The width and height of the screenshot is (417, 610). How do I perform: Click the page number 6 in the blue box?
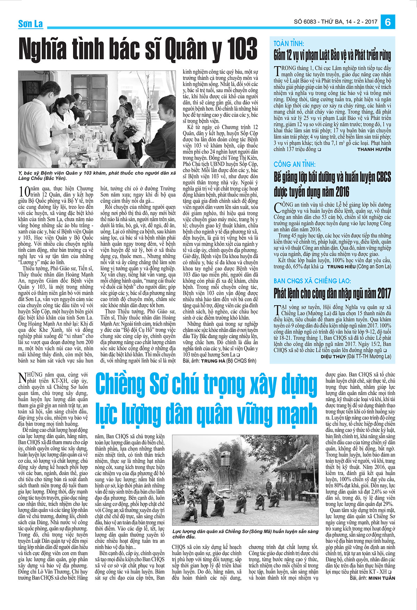point(388,22)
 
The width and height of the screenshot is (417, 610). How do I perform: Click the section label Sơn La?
point(31,24)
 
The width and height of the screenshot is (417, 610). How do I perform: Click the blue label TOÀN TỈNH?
point(289,43)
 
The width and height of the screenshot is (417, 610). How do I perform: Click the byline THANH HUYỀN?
point(374,149)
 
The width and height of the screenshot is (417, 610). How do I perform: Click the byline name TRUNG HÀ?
point(213,361)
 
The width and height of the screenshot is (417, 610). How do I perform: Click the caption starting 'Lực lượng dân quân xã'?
point(245,534)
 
